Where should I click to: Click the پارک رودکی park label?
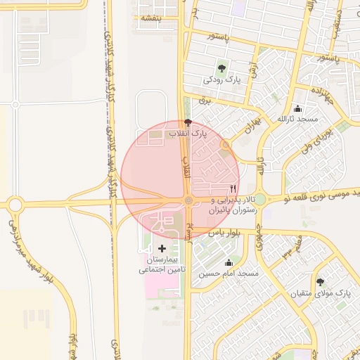222,80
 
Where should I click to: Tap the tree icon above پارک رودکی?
222,68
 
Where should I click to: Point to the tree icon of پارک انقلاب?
186,122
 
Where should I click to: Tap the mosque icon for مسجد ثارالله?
297,108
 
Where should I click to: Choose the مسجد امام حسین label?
229,273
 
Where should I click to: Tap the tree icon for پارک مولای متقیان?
320,281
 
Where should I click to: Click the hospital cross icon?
162,248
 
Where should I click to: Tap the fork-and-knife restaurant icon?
233,189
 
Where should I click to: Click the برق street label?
205,101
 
